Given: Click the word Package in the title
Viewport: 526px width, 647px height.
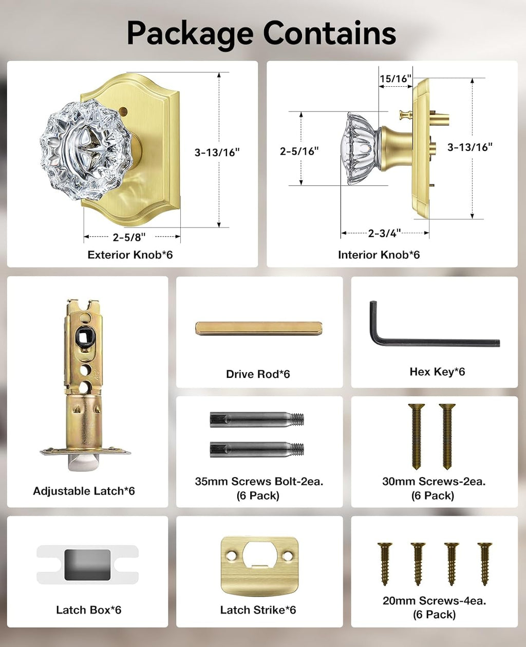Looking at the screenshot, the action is point(190,34).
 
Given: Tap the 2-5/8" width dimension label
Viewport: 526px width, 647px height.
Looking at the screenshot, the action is point(129,237).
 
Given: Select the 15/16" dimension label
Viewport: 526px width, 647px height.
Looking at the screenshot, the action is point(396,79).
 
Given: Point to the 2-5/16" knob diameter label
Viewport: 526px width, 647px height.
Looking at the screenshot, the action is point(299,151).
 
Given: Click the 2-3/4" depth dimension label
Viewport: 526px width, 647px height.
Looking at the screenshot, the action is point(384,233).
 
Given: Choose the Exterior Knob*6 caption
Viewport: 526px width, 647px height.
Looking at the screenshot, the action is point(130,255).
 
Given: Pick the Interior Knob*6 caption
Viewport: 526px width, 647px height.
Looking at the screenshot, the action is point(379,255).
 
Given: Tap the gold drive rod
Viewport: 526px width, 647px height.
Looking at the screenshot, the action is point(258,328).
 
